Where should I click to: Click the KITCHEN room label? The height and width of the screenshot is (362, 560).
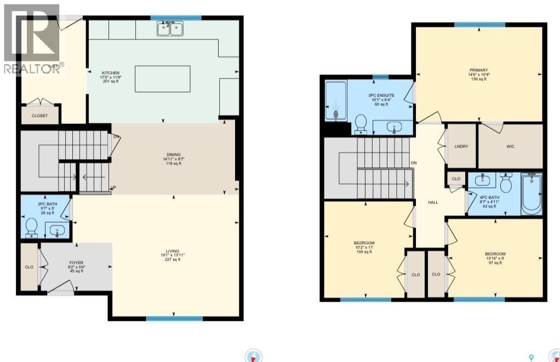coord(110,73)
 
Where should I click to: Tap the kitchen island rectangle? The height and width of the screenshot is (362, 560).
coord(163,78)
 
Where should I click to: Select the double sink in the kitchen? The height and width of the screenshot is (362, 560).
coord(170,29)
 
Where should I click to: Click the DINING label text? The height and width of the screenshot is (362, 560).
coord(175,155)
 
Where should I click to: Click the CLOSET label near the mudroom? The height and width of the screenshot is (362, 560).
coord(39,116)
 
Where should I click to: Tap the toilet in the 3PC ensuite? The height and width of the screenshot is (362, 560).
coord(361,123)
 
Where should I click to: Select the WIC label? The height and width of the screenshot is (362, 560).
coord(510,146)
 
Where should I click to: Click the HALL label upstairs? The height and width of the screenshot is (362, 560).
coord(433,202)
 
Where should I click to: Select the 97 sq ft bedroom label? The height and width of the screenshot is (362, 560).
coord(495,254)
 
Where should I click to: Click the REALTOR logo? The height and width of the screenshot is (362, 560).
coord(32,38)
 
